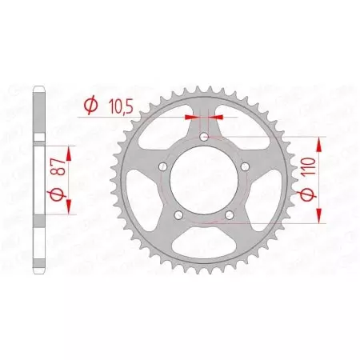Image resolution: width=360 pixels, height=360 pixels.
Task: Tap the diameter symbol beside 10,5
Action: pyautogui.click(x=90, y=104)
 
